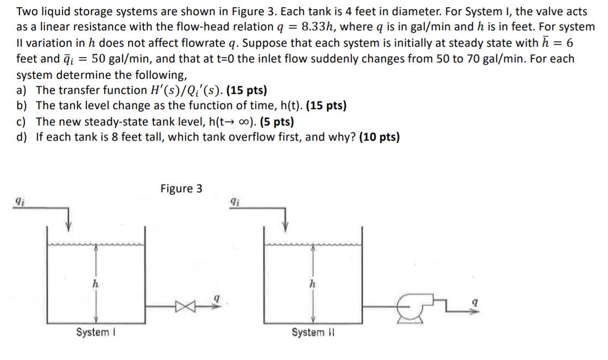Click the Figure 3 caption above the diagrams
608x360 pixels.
click(181, 188)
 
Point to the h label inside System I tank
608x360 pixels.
click(95, 283)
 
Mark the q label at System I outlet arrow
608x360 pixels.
click(217, 298)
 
